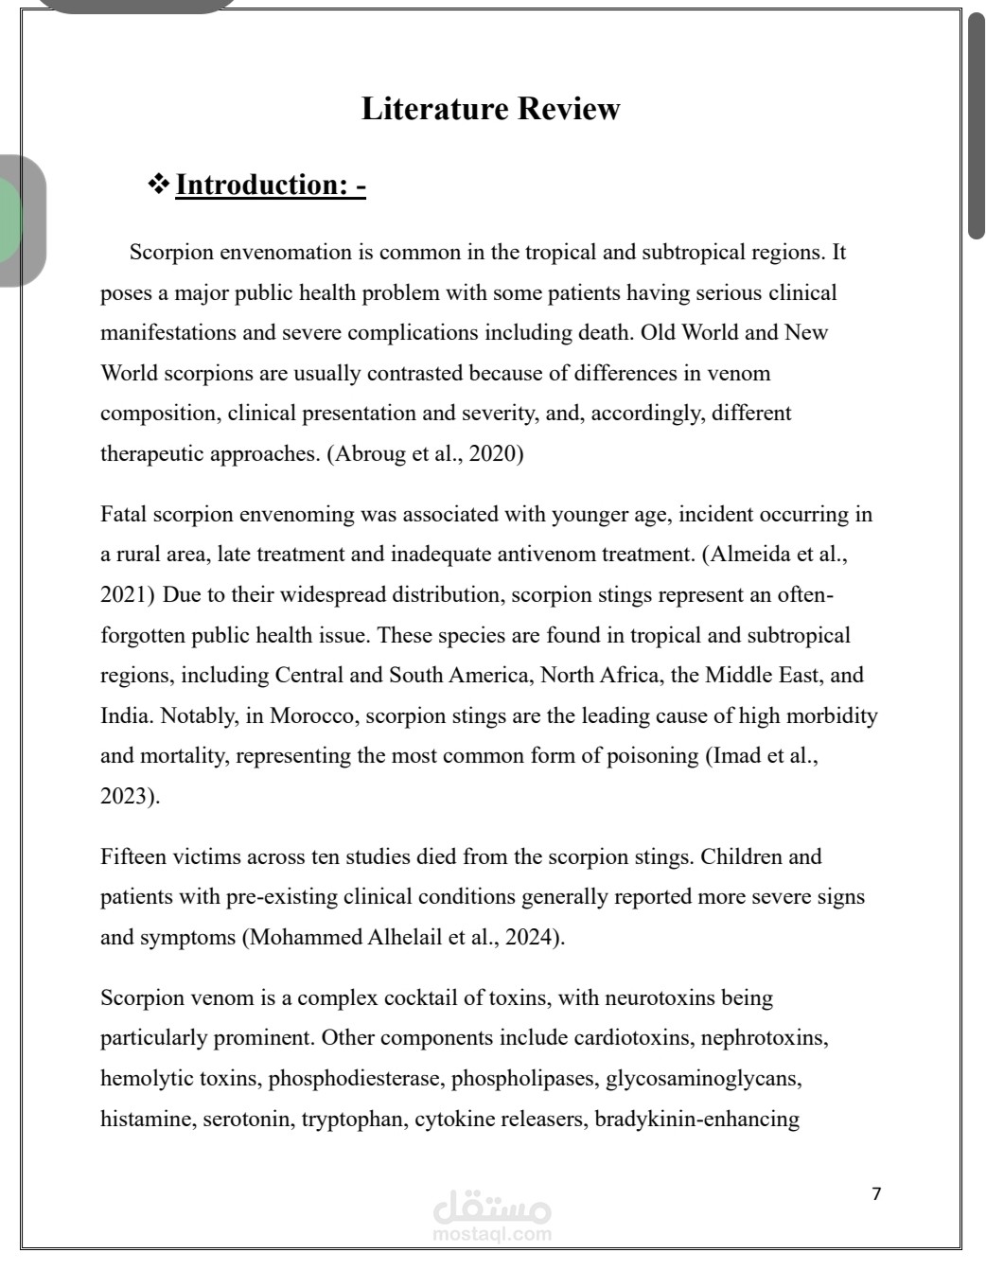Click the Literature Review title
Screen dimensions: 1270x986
(x=490, y=109)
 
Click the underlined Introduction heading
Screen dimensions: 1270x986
(x=271, y=185)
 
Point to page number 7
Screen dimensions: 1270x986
(x=876, y=1194)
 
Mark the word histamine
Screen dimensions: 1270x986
(x=146, y=1120)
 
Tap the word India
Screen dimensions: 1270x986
(x=126, y=715)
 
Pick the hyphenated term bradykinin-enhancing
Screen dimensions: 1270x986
(x=696, y=1120)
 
